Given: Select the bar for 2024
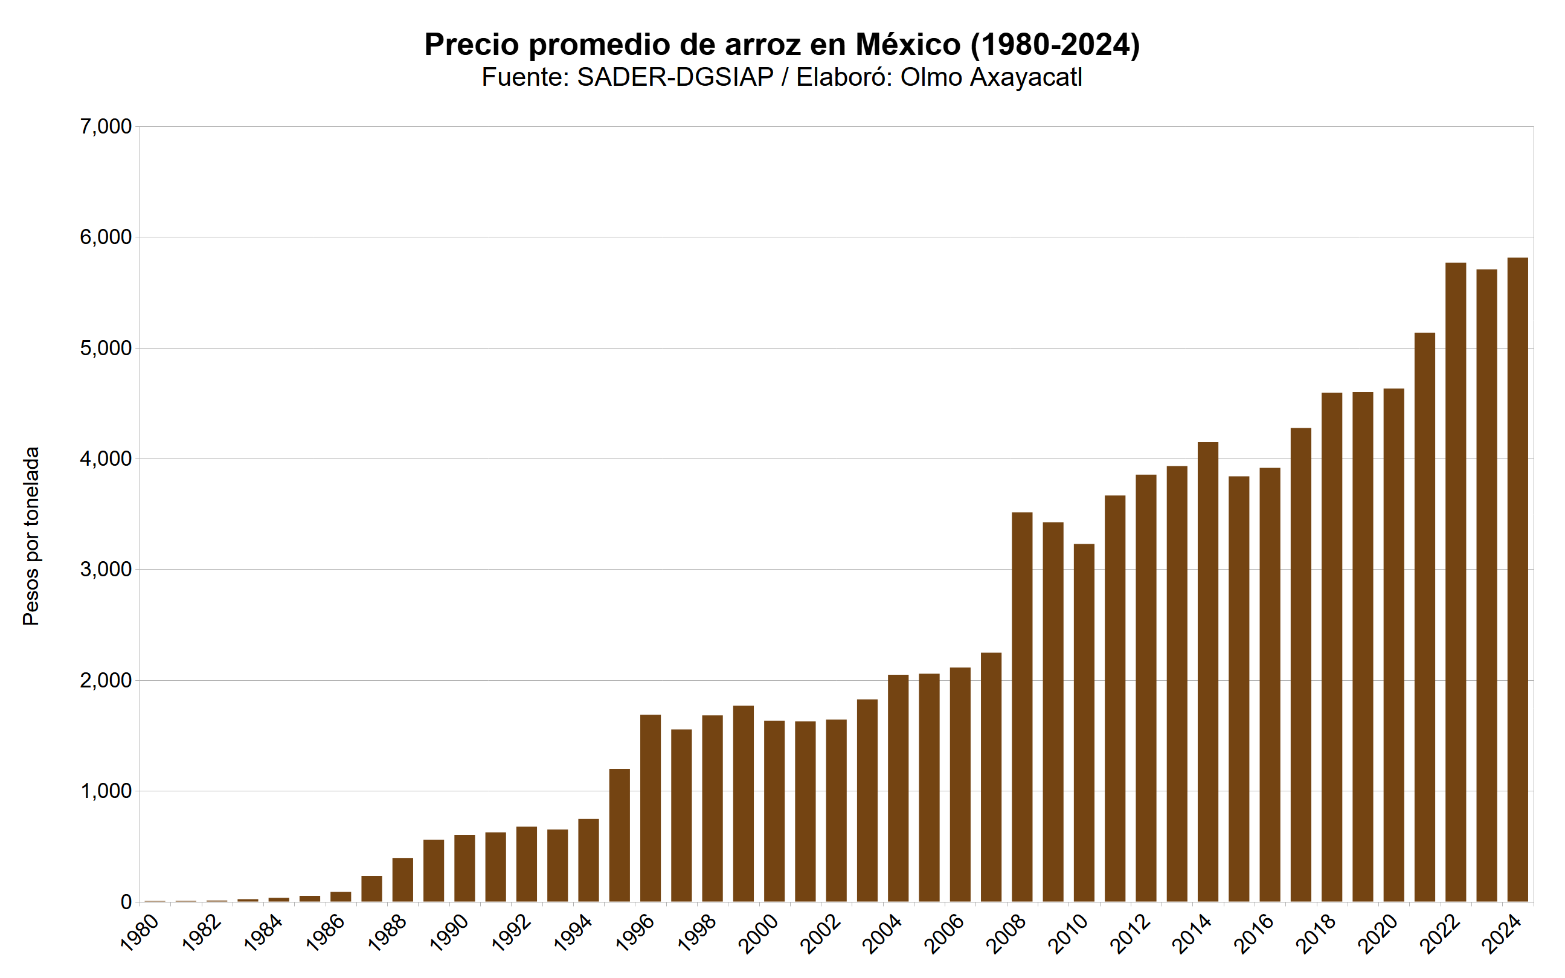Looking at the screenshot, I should point(1517,579).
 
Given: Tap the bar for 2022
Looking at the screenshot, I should point(1455,582).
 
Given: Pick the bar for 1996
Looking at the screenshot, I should point(650,808).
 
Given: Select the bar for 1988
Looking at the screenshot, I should point(402,880).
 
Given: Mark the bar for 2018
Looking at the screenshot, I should point(1331,647).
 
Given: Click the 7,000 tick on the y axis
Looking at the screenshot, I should point(106,127).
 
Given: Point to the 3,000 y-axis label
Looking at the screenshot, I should point(106,569).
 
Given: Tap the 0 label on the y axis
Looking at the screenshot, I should point(126,902).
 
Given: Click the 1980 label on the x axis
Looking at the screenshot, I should point(140,933).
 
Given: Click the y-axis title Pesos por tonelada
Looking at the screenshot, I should point(31,536).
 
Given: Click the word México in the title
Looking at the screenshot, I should point(908,45).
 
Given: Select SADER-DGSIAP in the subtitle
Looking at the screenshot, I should point(675,77).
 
